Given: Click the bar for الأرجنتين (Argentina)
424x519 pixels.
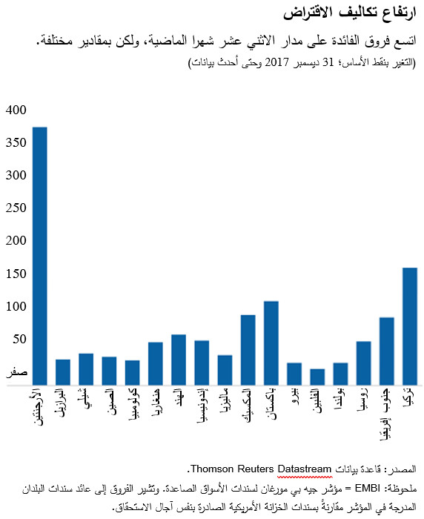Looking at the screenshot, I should pos(40,256).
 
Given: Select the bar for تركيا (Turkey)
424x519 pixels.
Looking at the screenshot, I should pos(410,326).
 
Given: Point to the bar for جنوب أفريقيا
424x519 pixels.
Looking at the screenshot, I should pos(387,351).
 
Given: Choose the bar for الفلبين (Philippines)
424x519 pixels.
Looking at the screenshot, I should pos(317,377).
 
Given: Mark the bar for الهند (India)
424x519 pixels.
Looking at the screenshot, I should pos(179,360).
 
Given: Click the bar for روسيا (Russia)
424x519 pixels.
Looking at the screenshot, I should pos(364,363).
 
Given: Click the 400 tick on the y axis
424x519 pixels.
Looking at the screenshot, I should pos(16,110).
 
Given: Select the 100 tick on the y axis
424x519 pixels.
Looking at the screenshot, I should pos(16,307).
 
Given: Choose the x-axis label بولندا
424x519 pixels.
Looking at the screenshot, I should pos(340,406).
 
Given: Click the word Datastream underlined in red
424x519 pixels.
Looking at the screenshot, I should pos(305,469).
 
